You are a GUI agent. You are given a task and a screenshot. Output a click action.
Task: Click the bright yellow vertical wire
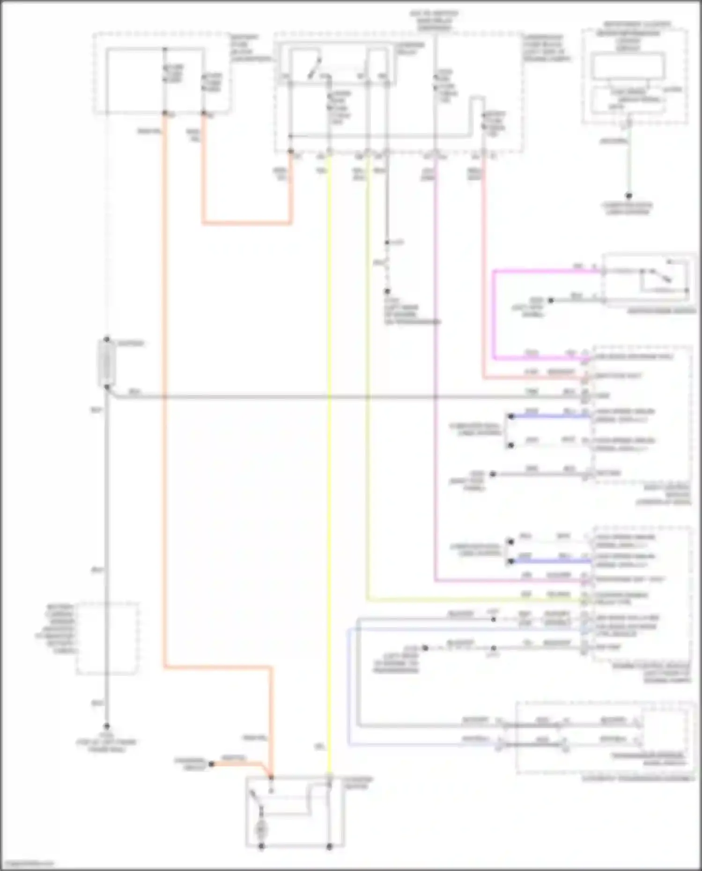329,468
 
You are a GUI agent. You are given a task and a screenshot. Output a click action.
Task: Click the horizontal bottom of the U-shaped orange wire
247,223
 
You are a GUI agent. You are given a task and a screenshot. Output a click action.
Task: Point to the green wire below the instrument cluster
629,164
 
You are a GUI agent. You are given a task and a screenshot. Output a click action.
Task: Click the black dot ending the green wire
629,196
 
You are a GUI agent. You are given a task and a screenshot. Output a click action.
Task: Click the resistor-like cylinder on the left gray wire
107,363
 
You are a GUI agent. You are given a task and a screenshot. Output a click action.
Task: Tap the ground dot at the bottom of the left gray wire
107,726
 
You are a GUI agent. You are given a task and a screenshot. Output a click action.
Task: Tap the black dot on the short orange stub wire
211,764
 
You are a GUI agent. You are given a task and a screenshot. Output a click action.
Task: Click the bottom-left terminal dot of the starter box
261,846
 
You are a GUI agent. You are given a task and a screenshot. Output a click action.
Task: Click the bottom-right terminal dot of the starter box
329,846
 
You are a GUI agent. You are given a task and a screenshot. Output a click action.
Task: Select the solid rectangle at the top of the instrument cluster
628,66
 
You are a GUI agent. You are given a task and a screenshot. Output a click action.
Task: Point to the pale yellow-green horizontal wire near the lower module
468,600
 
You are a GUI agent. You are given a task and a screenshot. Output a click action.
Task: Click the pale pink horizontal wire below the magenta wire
534,378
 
